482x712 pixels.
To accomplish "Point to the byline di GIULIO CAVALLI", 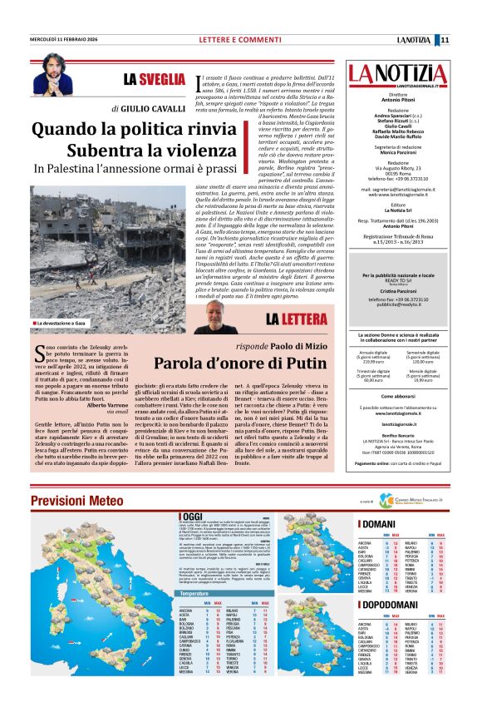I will click(x=149, y=108).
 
